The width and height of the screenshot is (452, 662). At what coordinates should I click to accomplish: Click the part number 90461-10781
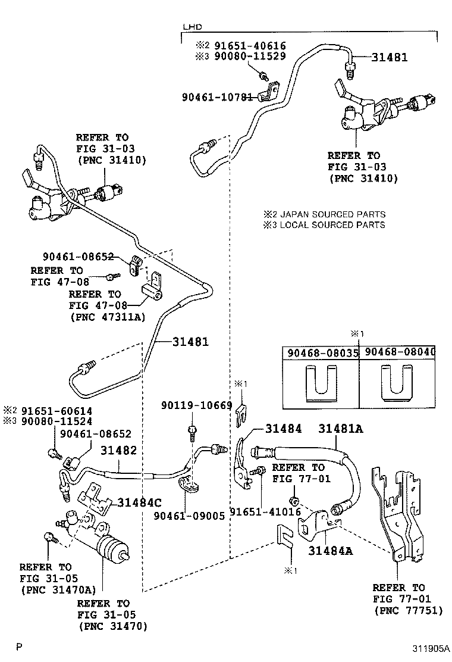(218, 96)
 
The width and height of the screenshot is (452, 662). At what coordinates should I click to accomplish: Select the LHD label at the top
(192, 27)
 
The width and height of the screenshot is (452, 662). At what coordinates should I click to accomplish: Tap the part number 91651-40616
(250, 45)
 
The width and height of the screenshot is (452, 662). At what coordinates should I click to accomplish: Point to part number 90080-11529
(250, 56)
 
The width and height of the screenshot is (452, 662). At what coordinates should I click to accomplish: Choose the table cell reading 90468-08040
(399, 352)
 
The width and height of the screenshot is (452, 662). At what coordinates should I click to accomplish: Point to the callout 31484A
(330, 551)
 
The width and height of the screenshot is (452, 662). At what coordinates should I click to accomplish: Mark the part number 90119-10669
(196, 405)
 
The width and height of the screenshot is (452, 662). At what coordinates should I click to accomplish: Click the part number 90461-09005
(189, 516)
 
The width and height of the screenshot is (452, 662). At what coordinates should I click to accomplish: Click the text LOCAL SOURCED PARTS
(332, 225)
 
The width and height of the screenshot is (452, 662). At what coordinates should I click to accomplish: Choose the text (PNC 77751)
(408, 610)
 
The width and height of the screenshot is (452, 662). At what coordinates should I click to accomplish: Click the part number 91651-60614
(56, 411)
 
